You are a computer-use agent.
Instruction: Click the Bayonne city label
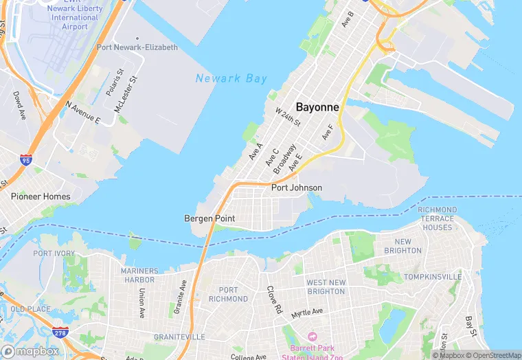point(317,107)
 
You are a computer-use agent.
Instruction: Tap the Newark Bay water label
point(231,78)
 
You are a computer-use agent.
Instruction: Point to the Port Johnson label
point(297,188)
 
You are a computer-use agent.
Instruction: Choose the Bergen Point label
point(209,218)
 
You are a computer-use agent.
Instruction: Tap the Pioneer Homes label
point(41,196)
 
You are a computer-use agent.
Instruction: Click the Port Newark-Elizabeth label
point(137,47)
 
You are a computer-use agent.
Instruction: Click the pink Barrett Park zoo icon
point(312,336)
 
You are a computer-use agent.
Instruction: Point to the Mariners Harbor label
point(139,275)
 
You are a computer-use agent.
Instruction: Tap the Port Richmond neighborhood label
point(228,295)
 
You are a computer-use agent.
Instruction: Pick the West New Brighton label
point(326,287)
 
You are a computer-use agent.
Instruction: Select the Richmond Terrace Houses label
point(438,218)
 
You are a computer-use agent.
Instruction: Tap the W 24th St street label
point(288,117)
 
